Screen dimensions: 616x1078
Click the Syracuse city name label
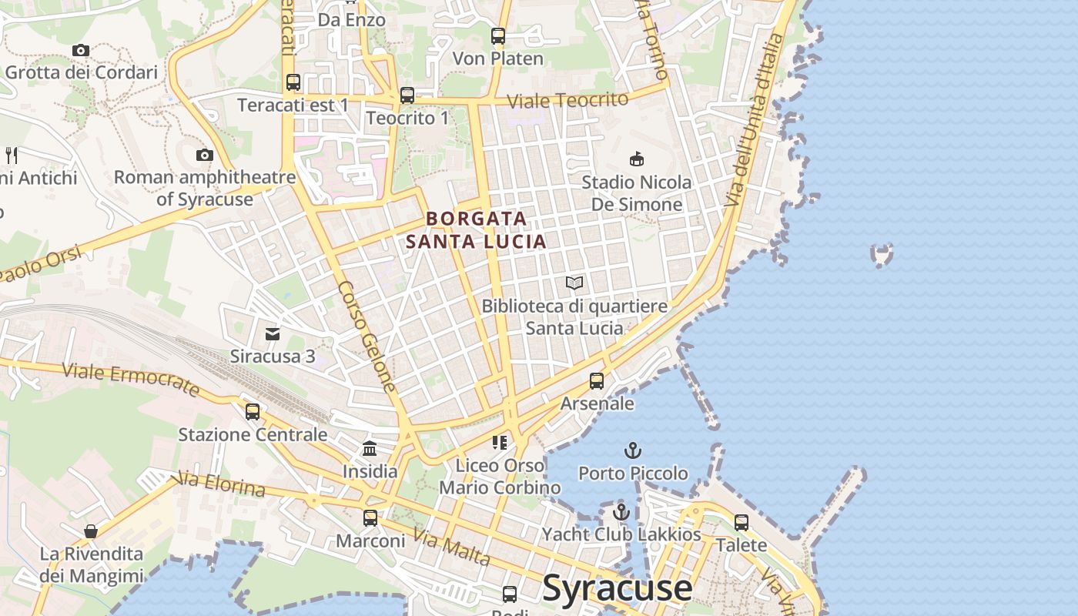[618, 588]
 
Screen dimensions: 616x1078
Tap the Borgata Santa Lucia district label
[476, 229]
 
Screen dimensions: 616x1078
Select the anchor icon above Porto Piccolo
[633, 450]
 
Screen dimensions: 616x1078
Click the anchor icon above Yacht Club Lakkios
[621, 511]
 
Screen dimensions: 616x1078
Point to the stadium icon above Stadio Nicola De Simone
[636, 159]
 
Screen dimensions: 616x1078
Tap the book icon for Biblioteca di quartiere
[574, 283]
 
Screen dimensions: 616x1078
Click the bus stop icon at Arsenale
[597, 380]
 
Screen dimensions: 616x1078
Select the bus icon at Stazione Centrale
[253, 411]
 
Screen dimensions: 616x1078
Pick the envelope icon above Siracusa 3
[273, 333]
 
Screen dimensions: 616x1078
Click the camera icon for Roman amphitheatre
[204, 155]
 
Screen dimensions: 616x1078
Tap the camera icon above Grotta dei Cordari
[81, 50]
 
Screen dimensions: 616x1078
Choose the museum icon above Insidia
[370, 448]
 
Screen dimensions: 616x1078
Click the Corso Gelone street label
[367, 336]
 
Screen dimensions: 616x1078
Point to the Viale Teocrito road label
[567, 100]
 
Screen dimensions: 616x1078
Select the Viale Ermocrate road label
[131, 380]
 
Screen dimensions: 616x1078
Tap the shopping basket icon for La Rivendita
[91, 531]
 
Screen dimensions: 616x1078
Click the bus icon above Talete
[742, 522]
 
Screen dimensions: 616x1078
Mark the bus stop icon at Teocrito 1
[407, 95]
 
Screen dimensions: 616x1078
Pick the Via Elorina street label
[221, 484]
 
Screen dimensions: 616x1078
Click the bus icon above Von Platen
[498, 35]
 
